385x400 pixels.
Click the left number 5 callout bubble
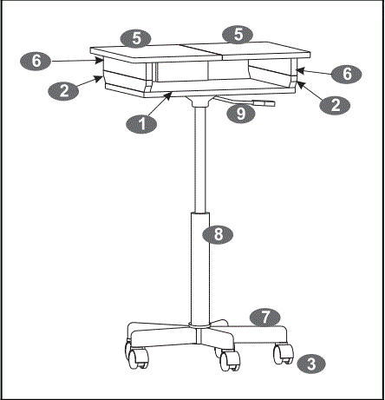pyautogui.click(x=135, y=37)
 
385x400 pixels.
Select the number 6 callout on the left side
pyautogui.click(x=35, y=61)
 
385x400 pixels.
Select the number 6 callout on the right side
pyautogui.click(x=347, y=75)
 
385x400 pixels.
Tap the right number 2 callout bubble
pyautogui.click(x=329, y=104)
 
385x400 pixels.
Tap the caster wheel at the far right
pyautogui.click(x=280, y=353)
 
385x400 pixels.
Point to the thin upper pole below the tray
pyautogui.click(x=200, y=156)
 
